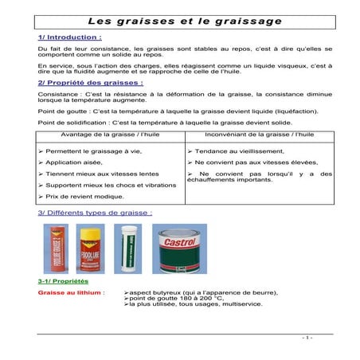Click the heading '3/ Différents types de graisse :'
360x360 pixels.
coord(95,213)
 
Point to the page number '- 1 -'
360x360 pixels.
coord(307,337)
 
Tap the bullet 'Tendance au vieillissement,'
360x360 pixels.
coord(244,151)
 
